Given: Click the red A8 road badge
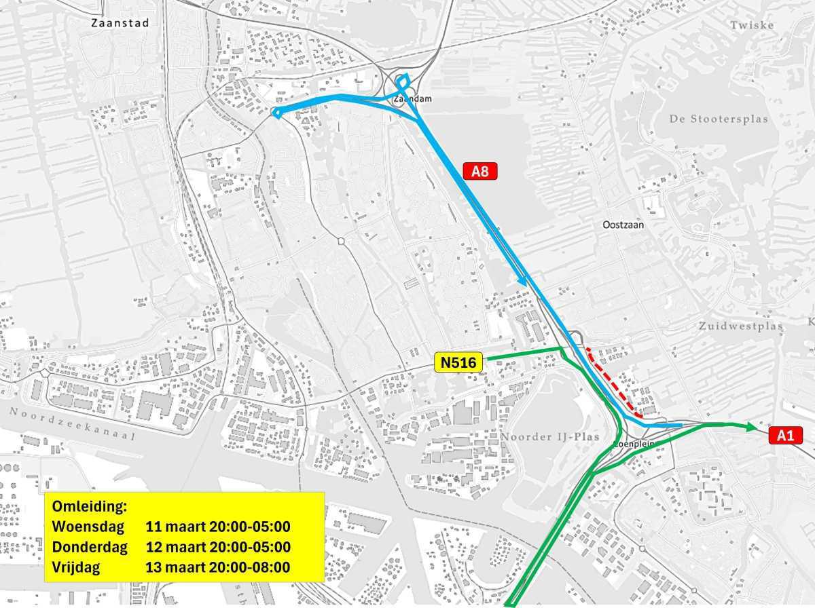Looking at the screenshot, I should coord(480,172).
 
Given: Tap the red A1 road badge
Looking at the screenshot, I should coord(785,436).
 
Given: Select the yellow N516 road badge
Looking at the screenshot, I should coord(458,363).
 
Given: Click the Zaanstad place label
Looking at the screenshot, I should coord(120,22).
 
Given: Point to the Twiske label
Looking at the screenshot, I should coord(752,25).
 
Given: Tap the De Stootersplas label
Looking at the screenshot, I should coord(719,119).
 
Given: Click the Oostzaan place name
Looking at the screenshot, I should coord(623,224).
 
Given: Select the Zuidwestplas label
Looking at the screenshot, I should coord(741,326).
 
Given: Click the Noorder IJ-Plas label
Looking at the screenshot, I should coord(551,436).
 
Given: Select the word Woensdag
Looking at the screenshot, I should coord(88,527).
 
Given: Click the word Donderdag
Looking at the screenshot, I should coord(90,547).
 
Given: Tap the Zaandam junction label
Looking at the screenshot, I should coord(412,99).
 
